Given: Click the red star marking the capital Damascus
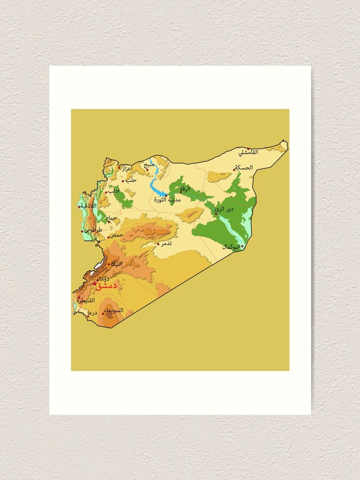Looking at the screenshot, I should click(95, 284).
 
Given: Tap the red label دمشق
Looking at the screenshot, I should click(107, 286).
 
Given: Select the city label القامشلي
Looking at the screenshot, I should click(249, 152).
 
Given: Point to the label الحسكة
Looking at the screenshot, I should click(243, 168).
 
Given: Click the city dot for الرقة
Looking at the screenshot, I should click(181, 192).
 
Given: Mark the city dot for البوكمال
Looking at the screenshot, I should click(242, 246).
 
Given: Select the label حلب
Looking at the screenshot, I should click(131, 180).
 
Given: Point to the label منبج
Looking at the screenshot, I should click(149, 165).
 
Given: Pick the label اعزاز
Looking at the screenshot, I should click(127, 168).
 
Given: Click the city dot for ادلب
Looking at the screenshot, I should click(106, 192).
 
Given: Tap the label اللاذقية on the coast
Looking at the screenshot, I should click(89, 205).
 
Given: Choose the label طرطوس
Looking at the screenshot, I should click(93, 230).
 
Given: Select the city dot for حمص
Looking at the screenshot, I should click(109, 236).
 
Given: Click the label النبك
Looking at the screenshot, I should click(117, 264).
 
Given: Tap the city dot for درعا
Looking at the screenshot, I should click(88, 316).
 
